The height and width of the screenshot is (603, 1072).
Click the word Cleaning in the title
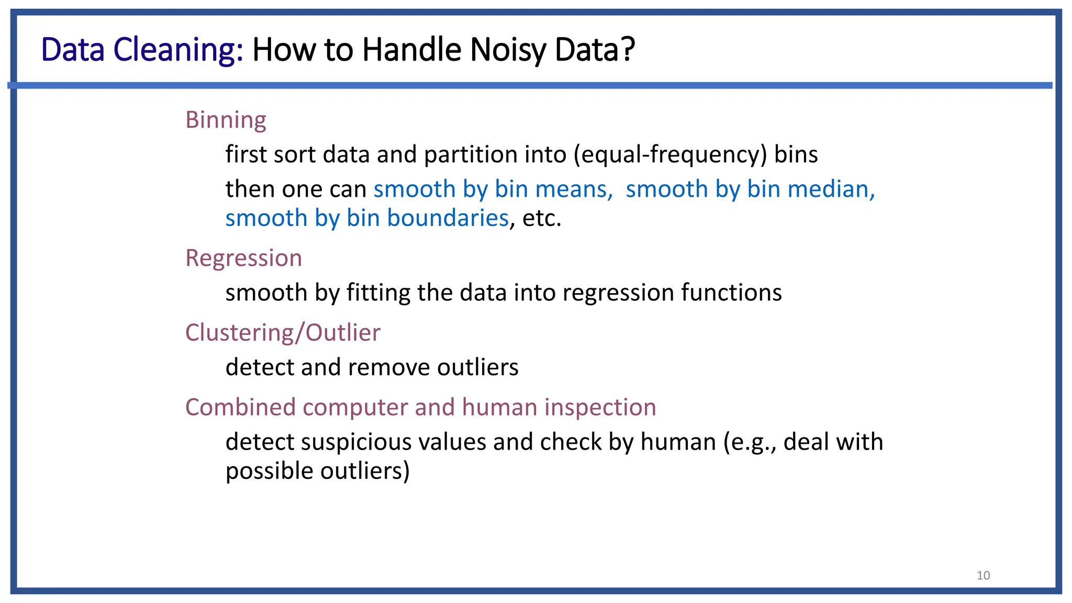pos(178,50)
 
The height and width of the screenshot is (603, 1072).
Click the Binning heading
pos(226,120)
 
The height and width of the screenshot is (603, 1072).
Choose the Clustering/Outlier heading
pos(283,333)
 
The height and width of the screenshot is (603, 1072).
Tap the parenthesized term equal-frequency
pos(670,155)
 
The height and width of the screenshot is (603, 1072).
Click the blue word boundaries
pos(448,218)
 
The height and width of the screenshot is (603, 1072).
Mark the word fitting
pos(378,293)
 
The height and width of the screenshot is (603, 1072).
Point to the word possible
pos(269,471)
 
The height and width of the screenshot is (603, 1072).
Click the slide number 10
pos(983,576)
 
